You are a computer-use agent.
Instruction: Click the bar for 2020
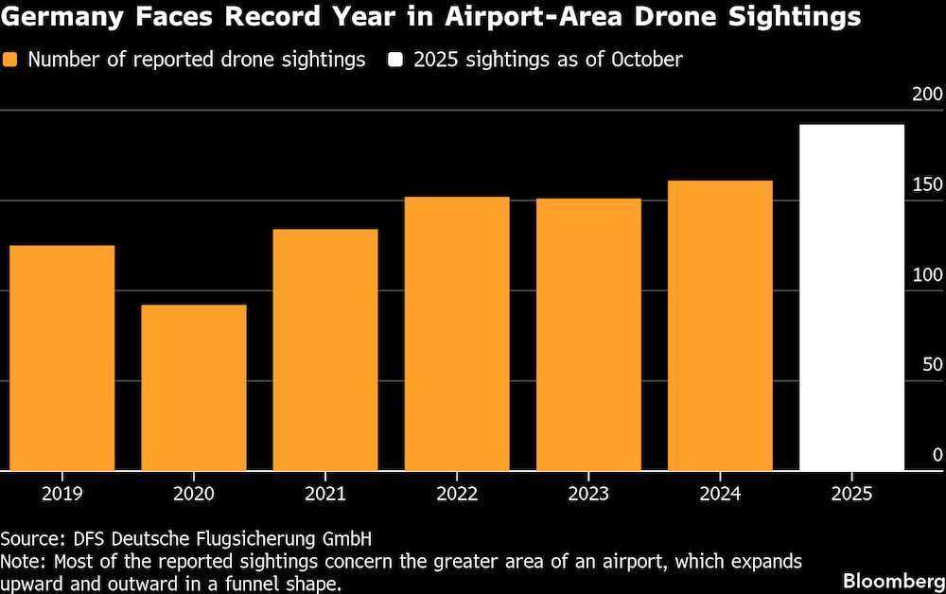point(194,388)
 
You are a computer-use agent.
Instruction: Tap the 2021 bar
point(325,350)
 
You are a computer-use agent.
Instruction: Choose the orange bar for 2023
point(588,335)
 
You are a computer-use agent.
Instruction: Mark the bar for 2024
point(720,325)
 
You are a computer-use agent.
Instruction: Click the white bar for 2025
point(851,298)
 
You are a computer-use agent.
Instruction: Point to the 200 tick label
point(928,95)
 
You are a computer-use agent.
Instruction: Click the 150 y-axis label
point(928,184)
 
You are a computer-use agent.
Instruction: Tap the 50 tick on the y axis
point(933,365)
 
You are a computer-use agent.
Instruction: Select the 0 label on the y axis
point(937,455)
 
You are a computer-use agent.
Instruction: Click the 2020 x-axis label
point(194,494)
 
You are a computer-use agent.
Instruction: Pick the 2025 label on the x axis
point(851,494)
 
